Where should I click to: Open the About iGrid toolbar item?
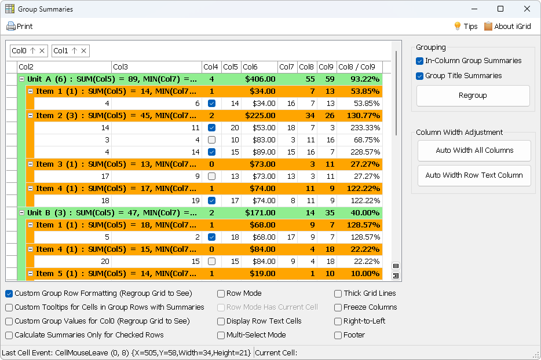coord(507,26)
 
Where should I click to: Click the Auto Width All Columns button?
coord(474,150)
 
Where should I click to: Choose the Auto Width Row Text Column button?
coord(474,175)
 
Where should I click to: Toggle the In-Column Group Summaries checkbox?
coord(420,61)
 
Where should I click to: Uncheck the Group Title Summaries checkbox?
coord(420,76)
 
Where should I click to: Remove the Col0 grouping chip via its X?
coord(42,51)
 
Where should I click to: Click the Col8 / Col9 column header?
coord(357,67)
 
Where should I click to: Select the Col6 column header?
coord(258,67)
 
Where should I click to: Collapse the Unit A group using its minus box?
coord(21,79)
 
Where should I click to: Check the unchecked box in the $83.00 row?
coord(211,140)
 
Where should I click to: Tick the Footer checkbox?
coord(338,335)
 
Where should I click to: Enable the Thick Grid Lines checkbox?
coord(338,293)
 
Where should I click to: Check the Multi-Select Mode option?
coord(221,335)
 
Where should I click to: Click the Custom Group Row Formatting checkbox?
coord(9,293)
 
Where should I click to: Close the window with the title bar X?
coord(527,9)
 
